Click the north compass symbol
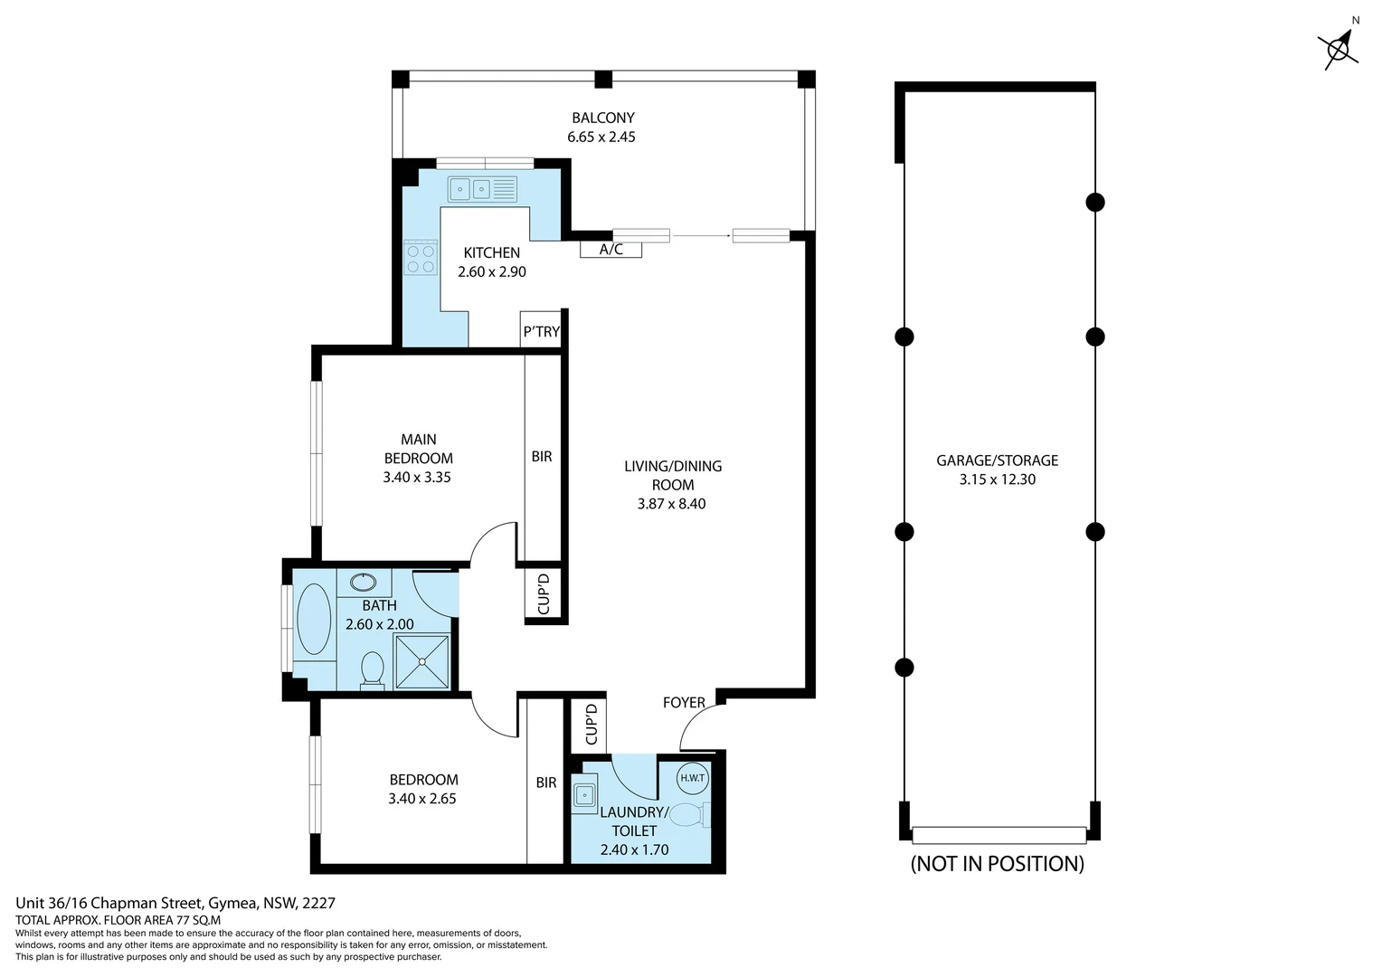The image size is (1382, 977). (1339, 48)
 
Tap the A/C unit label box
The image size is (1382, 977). (611, 250)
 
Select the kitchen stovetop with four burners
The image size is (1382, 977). (421, 257)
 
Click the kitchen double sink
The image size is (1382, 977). (482, 189)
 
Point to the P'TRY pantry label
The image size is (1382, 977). (541, 331)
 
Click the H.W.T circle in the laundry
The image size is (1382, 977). (692, 778)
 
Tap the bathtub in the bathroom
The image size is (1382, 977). (314, 619)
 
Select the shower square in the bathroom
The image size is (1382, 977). (422, 661)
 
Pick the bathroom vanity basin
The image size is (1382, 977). (363, 582)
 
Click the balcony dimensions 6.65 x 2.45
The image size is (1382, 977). (601, 137)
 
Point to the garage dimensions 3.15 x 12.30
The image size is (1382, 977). (997, 479)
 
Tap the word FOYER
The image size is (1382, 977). (684, 702)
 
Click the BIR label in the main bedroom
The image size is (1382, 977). (542, 457)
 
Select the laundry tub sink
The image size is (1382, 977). (584, 795)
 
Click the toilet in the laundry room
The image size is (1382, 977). (690, 815)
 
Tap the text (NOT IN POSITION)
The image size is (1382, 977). (997, 863)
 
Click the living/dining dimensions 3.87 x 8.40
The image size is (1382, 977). (672, 504)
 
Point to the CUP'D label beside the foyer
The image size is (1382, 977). (591, 725)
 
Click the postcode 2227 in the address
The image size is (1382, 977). (319, 903)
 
